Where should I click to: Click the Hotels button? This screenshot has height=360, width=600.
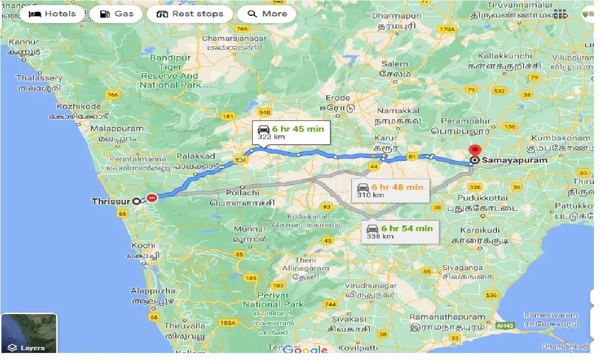tap(52, 14)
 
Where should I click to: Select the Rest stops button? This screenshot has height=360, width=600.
tap(189, 14)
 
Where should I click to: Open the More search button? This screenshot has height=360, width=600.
tap(267, 14)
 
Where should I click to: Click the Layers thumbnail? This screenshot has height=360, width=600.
tap(29, 333)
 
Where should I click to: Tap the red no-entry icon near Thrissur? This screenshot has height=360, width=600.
tap(152, 198)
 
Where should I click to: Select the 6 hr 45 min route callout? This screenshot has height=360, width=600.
tap(291, 133)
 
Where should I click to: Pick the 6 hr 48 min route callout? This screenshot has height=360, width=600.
tap(390, 190)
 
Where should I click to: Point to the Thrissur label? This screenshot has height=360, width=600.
tap(111, 202)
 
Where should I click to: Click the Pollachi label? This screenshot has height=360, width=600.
tap(242, 193)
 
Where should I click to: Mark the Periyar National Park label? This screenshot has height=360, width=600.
tap(273, 300)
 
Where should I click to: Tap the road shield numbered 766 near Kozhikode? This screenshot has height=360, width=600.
tap(113, 95)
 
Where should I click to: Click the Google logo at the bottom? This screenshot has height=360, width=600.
tap(305, 350)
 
